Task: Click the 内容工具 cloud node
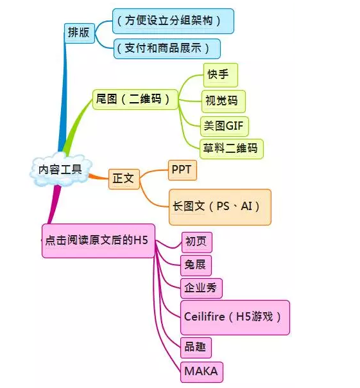pos(56,170)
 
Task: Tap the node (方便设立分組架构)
pos(173,21)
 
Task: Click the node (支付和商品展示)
pos(167,49)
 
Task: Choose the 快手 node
pos(220,75)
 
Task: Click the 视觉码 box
pos(223,101)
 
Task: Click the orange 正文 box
pos(124,178)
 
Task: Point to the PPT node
pos(182,170)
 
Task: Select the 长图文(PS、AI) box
pos(219,206)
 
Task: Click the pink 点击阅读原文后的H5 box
pos(98,240)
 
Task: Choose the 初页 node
pos(196,242)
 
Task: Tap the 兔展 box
pos(195,265)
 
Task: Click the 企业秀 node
pos(201,288)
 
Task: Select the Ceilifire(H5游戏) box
pos(236,317)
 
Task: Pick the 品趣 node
pos(195,348)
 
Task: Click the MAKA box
pos(201,371)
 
